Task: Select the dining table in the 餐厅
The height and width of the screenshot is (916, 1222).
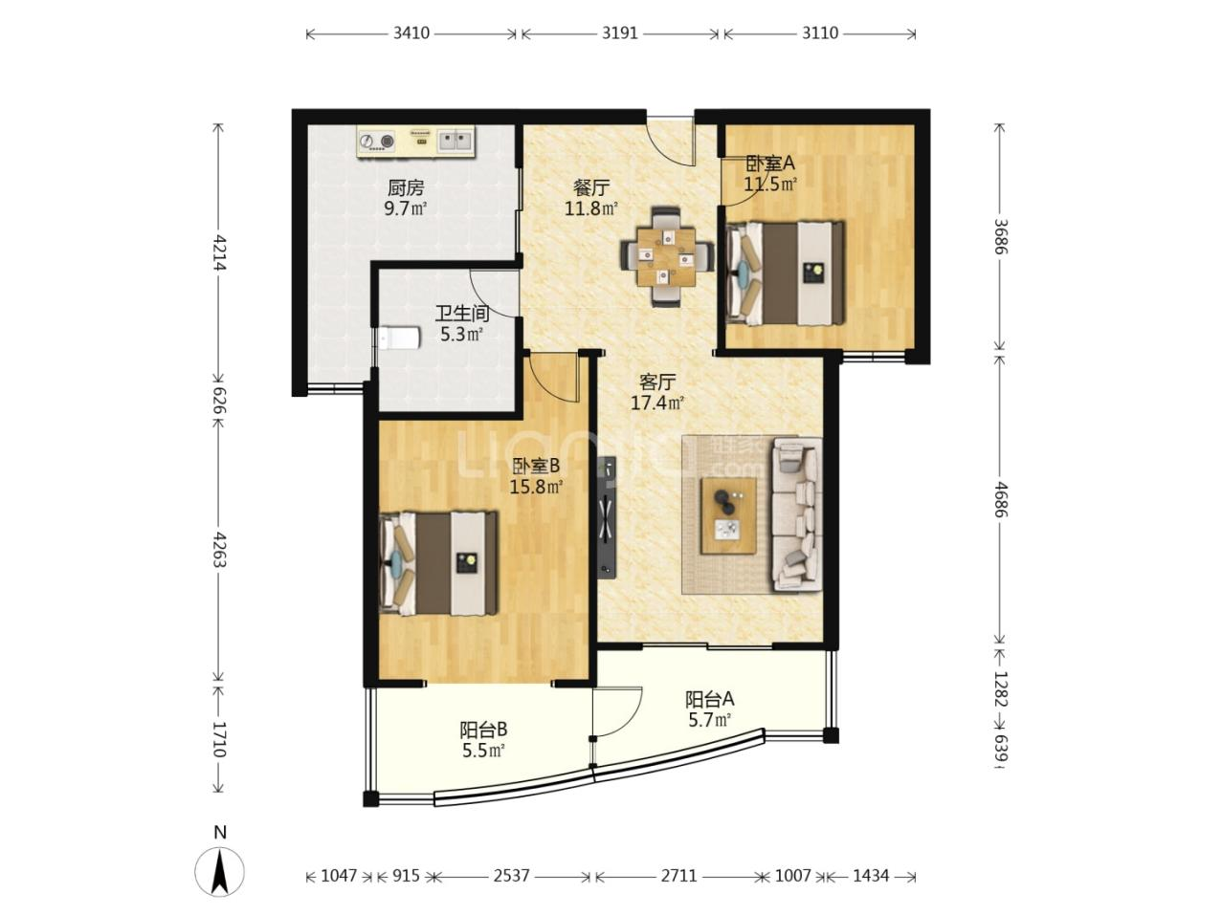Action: click(x=667, y=256)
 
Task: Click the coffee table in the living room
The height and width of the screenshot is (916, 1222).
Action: click(x=729, y=515)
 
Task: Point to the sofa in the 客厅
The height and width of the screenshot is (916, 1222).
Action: click(x=796, y=513)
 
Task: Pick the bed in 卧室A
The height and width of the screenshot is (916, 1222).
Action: click(x=786, y=273)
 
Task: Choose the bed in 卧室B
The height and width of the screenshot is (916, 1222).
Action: click(x=438, y=563)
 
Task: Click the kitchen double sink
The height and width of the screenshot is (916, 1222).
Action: click(x=455, y=141)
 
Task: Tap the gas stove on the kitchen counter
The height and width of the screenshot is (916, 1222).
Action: click(x=377, y=142)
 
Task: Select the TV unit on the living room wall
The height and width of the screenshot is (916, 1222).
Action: click(x=608, y=518)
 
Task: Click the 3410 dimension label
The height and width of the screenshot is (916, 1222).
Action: click(x=411, y=33)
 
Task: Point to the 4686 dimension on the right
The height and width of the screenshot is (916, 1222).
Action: click(x=1000, y=499)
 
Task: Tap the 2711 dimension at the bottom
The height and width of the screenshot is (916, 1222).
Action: click(x=679, y=876)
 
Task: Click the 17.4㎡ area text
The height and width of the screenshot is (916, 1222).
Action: click(x=656, y=403)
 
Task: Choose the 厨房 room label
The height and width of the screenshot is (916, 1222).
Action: click(x=406, y=188)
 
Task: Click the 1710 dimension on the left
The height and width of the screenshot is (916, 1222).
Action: click(x=218, y=739)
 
